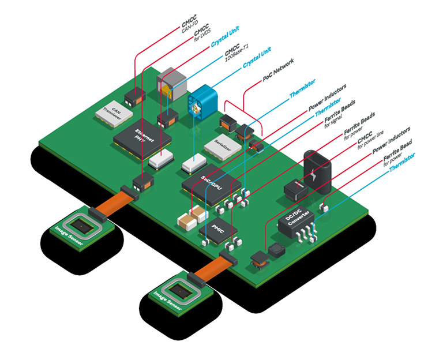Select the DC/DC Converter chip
point(296,221)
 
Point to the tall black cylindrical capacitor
point(317,170)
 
